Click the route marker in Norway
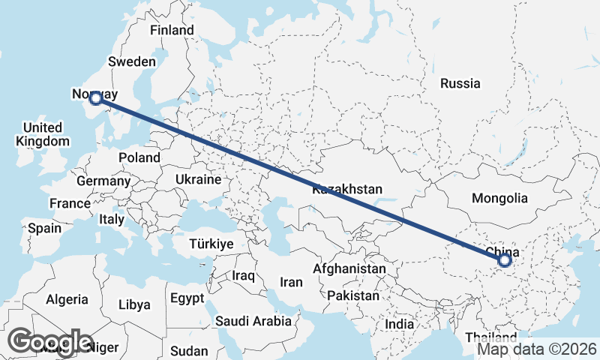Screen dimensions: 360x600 pos(95,97)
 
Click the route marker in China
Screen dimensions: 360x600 pos(505,260)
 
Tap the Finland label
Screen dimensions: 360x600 pos(172,30)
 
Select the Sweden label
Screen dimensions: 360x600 pos(132,61)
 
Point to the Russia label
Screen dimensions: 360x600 pos(460,83)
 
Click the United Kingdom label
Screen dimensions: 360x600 pos(43,134)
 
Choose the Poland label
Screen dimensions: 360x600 pos(139,157)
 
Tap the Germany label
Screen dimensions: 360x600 pos(103,181)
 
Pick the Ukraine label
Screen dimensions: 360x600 pos(198,180)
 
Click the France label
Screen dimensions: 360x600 pos(70,203)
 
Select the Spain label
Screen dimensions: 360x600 pos(44,227)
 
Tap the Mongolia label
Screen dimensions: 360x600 pos(499,199)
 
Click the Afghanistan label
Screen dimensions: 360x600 pos(349,268)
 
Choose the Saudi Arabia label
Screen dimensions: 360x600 pos(253,321)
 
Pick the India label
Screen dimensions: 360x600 pos(400,325)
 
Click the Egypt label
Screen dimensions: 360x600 pos(187,298)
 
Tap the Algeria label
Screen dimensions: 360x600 pos(67,299)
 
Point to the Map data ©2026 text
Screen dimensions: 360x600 pos(537,349)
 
